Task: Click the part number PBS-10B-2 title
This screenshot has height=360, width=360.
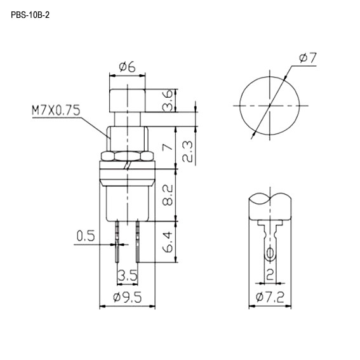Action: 29,14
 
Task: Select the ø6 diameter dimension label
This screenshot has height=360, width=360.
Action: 126,66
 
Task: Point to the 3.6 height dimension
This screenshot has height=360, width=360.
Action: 166,101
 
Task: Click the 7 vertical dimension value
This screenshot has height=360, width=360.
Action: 166,147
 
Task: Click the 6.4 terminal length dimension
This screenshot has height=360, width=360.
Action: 166,242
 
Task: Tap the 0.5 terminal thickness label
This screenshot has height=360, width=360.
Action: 86,237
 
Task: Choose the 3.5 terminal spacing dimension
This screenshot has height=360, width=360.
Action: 128,277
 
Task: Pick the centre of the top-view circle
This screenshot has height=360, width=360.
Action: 270,103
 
